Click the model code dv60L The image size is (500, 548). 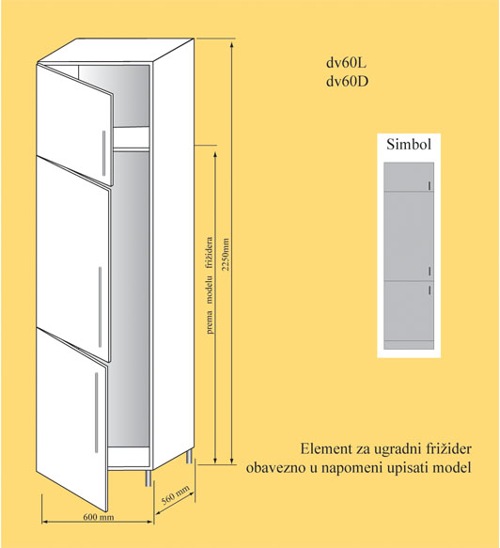[x=347, y=63]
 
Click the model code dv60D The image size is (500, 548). [x=348, y=82]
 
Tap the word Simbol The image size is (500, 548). [x=409, y=145]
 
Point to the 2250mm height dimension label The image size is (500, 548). [x=227, y=254]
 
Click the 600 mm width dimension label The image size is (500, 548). [x=99, y=517]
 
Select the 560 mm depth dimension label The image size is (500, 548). [x=176, y=494]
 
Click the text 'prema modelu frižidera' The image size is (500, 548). [x=210, y=285]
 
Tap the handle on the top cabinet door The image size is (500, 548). [x=103, y=153]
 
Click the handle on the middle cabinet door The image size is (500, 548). [x=100, y=306]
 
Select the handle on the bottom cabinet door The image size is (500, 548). [x=97, y=413]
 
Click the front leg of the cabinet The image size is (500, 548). [x=148, y=478]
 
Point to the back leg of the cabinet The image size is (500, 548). [x=189, y=456]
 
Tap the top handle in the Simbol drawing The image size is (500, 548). [x=430, y=186]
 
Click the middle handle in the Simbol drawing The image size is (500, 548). [x=430, y=271]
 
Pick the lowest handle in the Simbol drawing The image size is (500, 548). [x=430, y=290]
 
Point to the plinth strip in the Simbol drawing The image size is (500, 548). [x=409, y=345]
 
